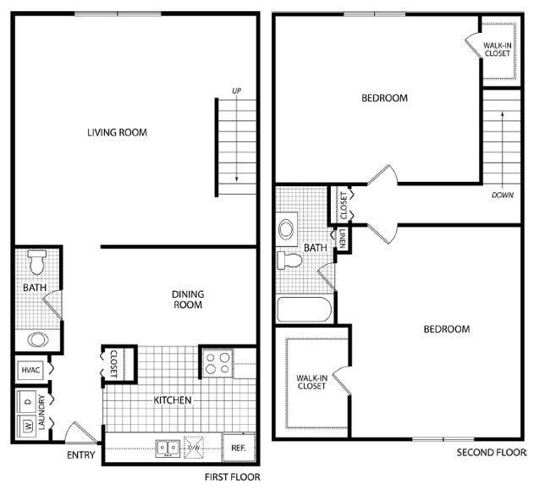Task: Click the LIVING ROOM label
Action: (x=117, y=132)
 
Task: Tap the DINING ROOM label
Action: (x=188, y=300)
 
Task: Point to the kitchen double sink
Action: (x=167, y=447)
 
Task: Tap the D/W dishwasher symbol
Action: (x=193, y=447)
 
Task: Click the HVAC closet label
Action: (x=30, y=369)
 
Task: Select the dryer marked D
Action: (x=28, y=400)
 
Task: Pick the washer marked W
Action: (x=28, y=426)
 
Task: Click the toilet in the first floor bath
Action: (x=36, y=262)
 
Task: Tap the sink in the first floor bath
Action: (x=37, y=339)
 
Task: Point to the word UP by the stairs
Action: (x=237, y=91)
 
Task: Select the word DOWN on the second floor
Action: (x=502, y=194)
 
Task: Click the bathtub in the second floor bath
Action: (x=304, y=309)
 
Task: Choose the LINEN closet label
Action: (x=344, y=239)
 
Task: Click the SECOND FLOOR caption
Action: (x=492, y=453)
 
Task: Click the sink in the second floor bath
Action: (x=286, y=228)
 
